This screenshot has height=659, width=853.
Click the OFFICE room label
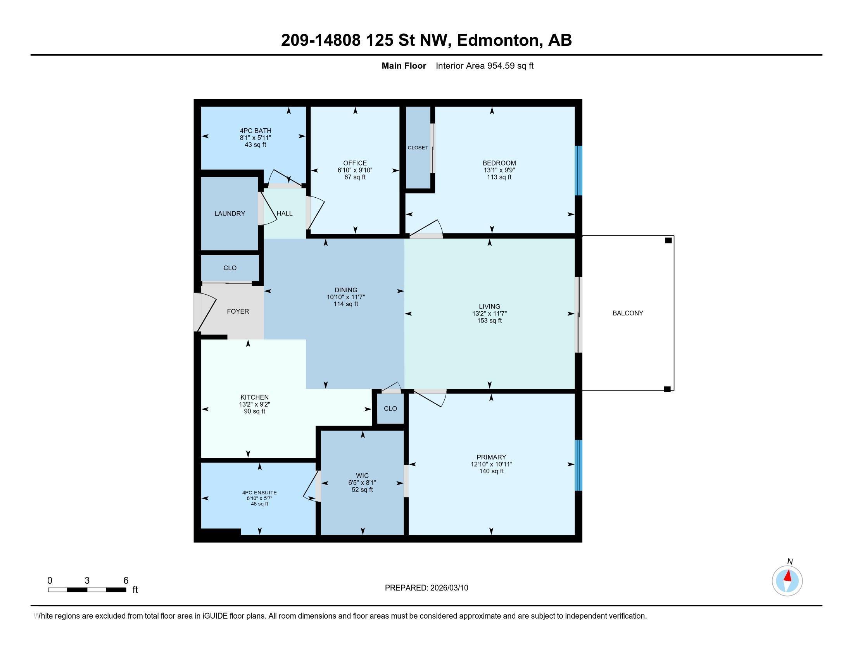tap(355, 163)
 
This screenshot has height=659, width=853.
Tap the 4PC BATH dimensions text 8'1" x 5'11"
tap(255, 138)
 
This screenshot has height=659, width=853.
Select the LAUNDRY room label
tap(230, 214)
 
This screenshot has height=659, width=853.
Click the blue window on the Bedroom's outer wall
tap(579, 171)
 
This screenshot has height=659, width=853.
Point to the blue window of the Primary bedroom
tap(579, 465)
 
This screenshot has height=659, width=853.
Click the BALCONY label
tap(627, 313)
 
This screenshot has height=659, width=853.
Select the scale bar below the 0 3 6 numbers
tap(87, 590)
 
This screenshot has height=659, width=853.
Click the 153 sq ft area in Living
tap(489, 321)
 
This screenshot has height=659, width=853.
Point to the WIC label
tap(362, 476)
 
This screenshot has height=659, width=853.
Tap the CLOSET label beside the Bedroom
tap(418, 148)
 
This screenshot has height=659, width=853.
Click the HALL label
tap(284, 214)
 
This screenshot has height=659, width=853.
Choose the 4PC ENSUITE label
tap(259, 493)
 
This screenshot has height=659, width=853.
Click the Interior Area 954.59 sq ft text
tap(484, 66)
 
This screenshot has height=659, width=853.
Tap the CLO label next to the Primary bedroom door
tap(390, 408)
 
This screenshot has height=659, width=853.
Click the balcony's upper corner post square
tap(668, 240)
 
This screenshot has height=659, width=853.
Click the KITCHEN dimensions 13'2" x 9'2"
tap(254, 404)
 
